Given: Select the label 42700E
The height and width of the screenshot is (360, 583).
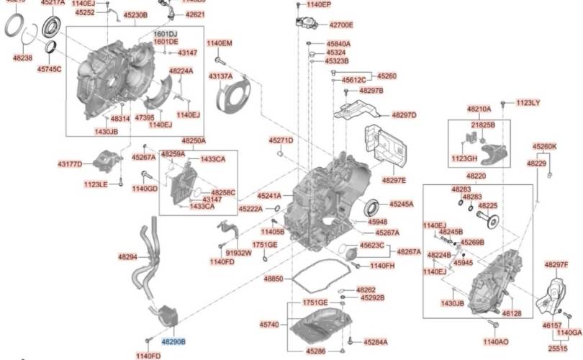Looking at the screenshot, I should click(x=341, y=24).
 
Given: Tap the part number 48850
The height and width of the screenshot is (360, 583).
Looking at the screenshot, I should click(x=274, y=278).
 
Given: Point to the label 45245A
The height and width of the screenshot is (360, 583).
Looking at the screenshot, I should click(x=402, y=204).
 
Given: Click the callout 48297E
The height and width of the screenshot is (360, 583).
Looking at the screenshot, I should click(x=394, y=179).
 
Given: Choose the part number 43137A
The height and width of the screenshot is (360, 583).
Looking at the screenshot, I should click(x=220, y=76).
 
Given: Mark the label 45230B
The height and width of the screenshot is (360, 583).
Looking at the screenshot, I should click(x=135, y=14).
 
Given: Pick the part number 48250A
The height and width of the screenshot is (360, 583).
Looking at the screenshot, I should click(x=193, y=141).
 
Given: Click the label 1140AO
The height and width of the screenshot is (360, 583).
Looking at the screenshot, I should click(x=495, y=341).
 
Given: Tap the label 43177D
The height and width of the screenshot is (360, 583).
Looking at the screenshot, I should click(x=70, y=164).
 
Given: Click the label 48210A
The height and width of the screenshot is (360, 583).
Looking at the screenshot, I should click(x=479, y=109).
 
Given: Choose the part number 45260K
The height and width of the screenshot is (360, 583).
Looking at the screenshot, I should click(x=544, y=146).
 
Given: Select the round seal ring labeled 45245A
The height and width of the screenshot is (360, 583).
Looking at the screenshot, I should click(x=373, y=207).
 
